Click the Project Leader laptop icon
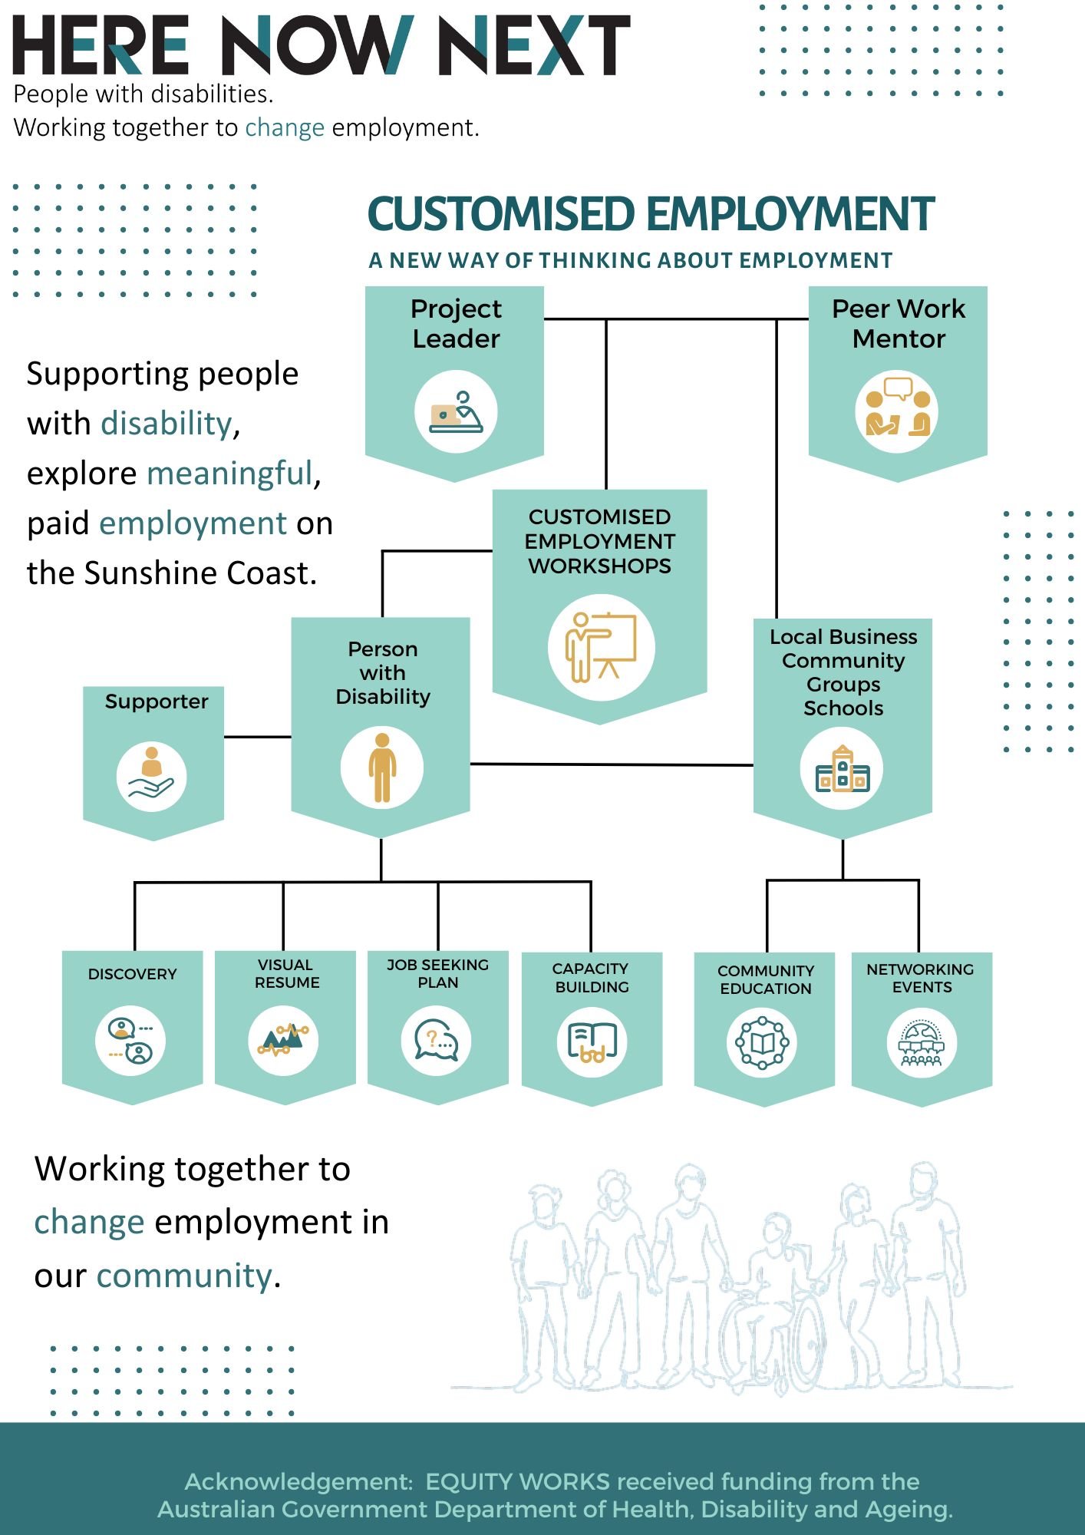click(x=456, y=412)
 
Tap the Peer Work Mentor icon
click(x=897, y=412)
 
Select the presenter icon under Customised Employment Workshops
click(x=601, y=648)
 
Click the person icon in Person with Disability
click(x=382, y=767)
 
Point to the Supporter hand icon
click(x=151, y=776)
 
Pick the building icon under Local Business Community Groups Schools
click(x=842, y=769)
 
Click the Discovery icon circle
click(x=130, y=1041)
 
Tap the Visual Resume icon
click(x=284, y=1041)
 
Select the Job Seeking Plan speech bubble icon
click(x=437, y=1041)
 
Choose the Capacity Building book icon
click(x=592, y=1041)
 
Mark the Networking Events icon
click(x=922, y=1043)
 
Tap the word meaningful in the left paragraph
click(x=230, y=474)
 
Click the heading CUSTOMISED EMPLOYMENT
click(x=651, y=213)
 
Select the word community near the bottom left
click(x=183, y=1276)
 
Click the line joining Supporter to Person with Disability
click(x=257, y=737)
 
